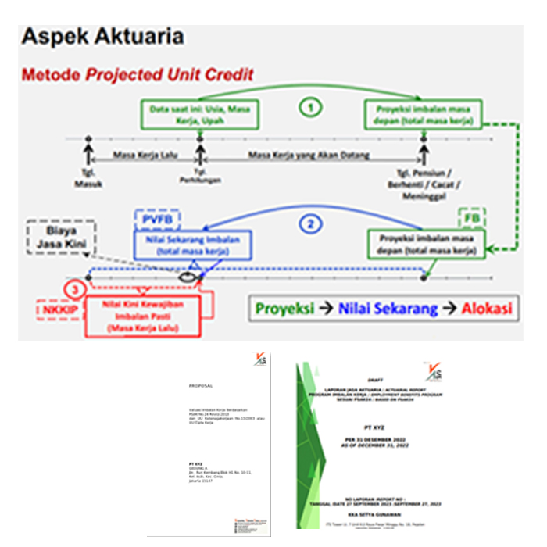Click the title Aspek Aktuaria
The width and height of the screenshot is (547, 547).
coord(102,36)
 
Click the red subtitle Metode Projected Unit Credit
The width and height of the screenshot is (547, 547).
coord(138,76)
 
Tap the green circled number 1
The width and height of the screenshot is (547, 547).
coord(311,108)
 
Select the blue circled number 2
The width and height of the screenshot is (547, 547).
coord(311,224)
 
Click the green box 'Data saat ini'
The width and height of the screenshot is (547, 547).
coord(200,114)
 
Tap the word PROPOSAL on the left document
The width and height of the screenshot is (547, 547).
coord(201,385)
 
